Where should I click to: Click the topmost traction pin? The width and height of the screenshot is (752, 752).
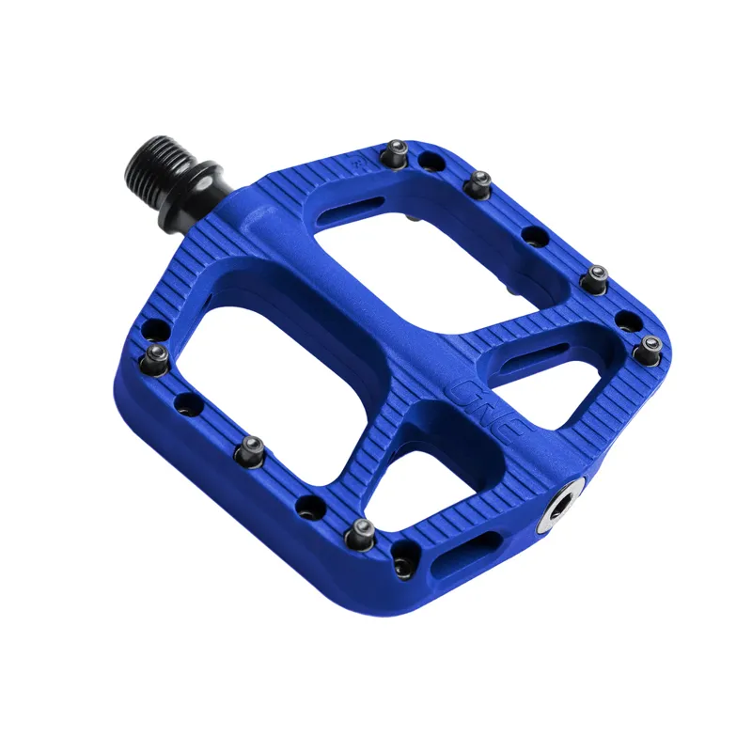click(399, 149)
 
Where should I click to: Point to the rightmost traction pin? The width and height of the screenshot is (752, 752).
click(650, 348)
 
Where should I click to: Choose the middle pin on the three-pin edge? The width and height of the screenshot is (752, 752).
click(254, 447)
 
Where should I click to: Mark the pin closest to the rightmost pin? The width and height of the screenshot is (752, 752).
click(595, 278)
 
